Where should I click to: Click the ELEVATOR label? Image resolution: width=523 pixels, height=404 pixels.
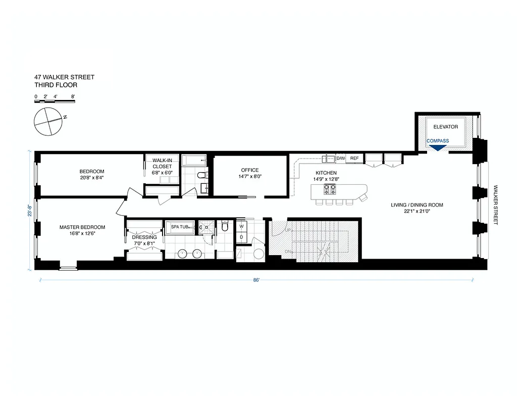point(445,127)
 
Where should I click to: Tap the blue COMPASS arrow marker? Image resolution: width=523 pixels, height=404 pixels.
point(438,147)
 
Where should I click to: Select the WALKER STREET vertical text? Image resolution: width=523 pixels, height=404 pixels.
point(496,205)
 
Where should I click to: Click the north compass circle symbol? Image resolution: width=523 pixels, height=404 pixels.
point(47,122)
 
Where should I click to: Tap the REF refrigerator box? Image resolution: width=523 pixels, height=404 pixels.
point(354,159)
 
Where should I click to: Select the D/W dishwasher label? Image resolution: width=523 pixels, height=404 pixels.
point(341,159)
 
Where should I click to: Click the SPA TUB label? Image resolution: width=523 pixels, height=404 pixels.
point(179,227)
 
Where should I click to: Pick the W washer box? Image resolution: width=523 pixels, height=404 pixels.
point(241,227)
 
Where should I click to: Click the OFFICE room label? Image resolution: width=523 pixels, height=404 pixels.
point(249,170)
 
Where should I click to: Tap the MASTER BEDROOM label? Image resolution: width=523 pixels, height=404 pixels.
point(82,227)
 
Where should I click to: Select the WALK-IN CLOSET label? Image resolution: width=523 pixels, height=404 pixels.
point(162,166)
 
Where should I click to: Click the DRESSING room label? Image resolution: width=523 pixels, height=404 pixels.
point(144,237)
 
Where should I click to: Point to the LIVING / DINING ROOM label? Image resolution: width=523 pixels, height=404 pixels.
point(416,205)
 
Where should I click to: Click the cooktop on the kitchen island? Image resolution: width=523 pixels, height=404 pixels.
point(330,190)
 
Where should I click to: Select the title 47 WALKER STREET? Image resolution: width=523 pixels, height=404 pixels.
point(64,77)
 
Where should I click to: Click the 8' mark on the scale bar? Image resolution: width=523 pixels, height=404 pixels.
point(73,96)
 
